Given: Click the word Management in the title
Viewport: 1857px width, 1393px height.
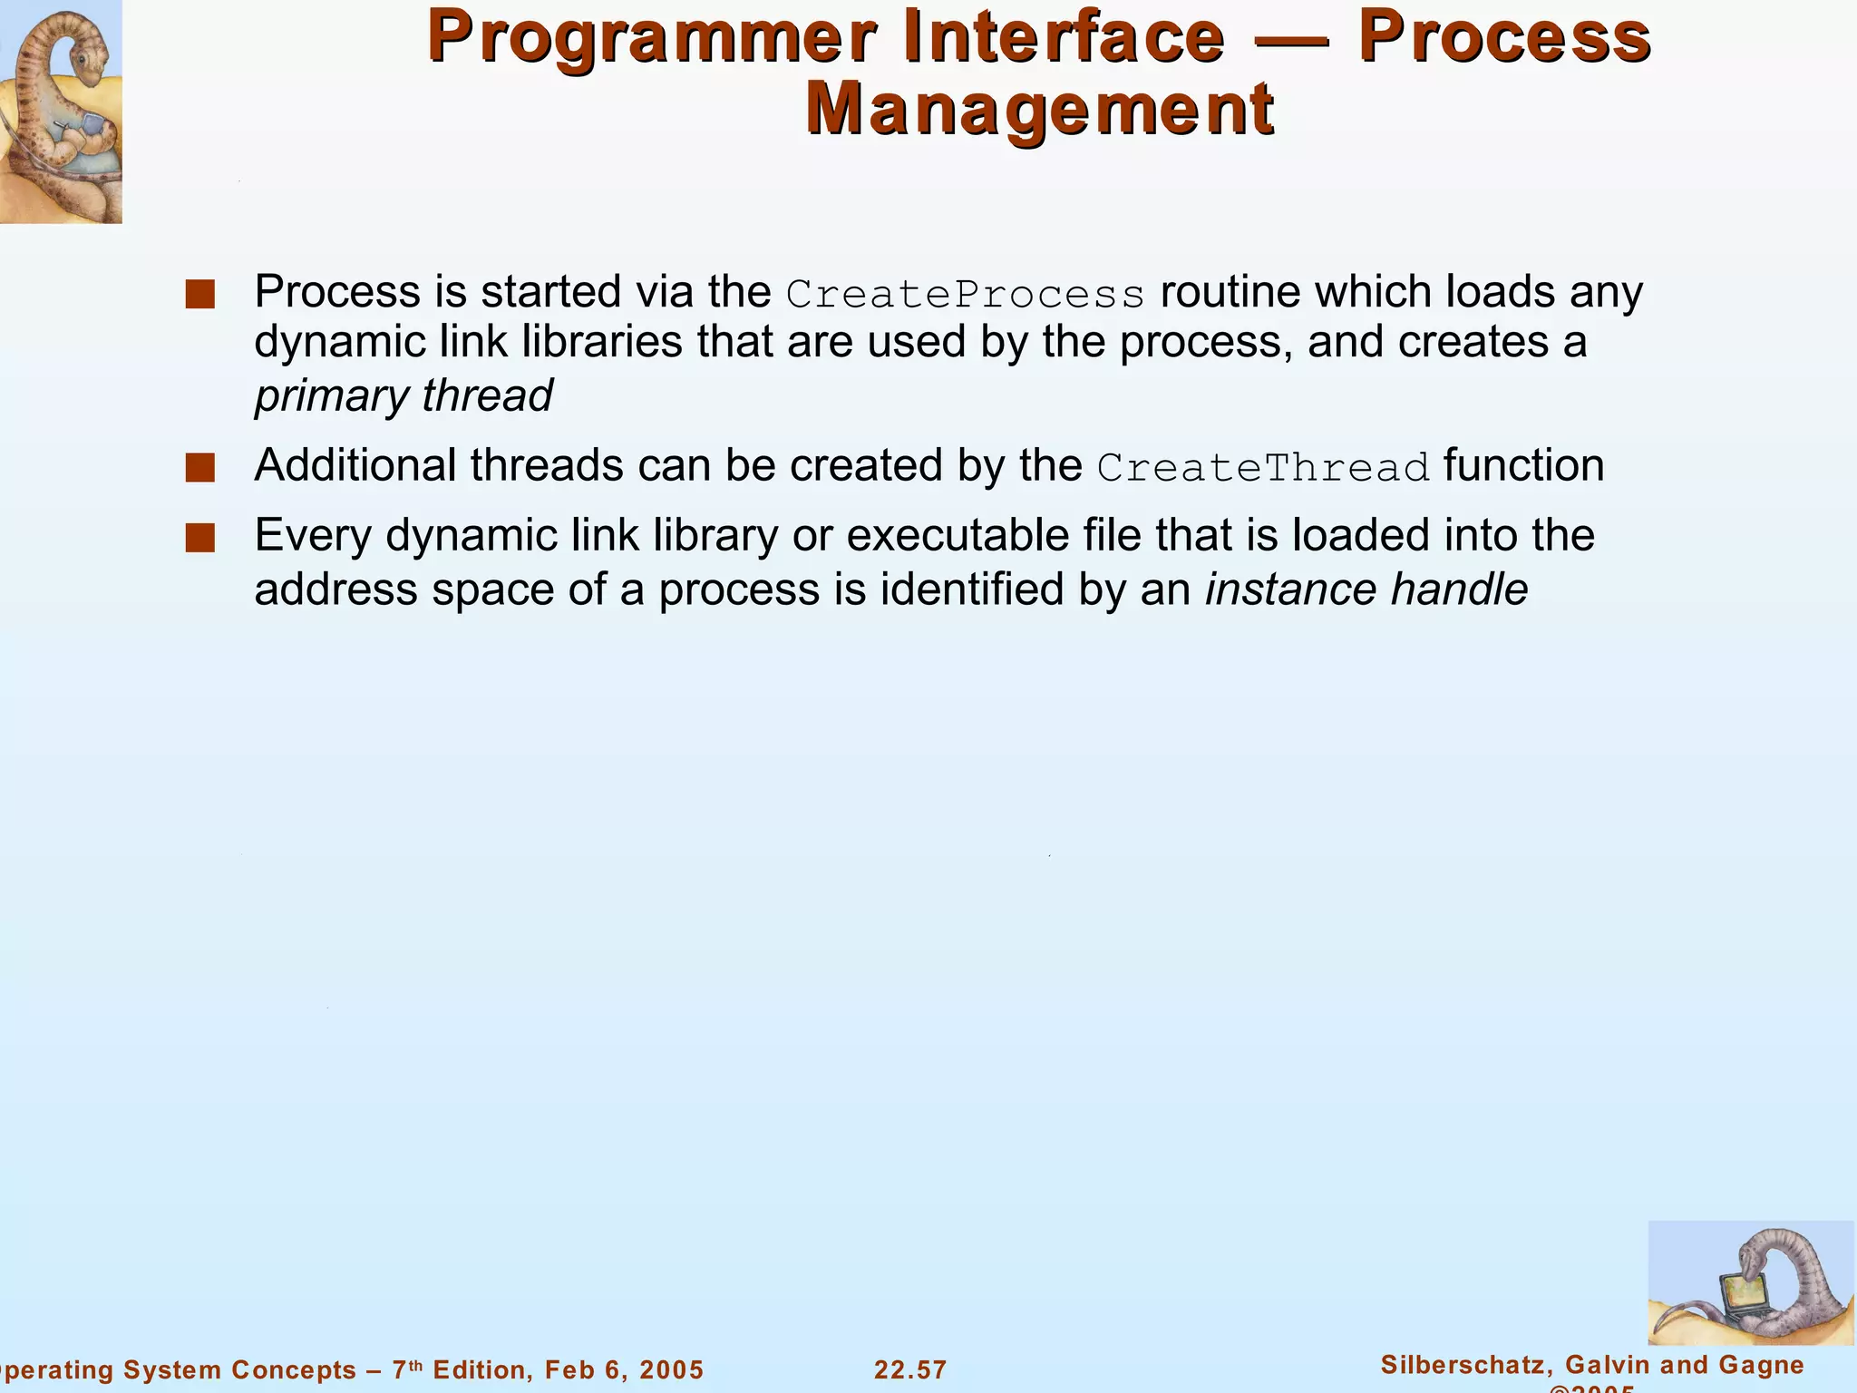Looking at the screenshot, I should [1040, 111].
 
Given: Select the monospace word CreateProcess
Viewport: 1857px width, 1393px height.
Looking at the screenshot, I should [966, 295].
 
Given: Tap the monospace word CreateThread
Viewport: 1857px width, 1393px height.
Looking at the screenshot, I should [1263, 468].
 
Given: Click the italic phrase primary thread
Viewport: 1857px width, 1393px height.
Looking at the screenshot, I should [403, 396].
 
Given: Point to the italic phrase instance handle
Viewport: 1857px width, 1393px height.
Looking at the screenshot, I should [1366, 589].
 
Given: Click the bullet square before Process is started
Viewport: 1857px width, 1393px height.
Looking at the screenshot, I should [199, 295].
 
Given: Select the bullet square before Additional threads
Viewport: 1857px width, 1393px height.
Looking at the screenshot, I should [199, 468].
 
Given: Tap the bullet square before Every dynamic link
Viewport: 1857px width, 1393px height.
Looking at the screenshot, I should [199, 538].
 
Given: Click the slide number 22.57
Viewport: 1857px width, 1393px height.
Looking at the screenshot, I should [910, 1369].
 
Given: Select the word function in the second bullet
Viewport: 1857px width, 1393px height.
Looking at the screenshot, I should [1523, 466].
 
